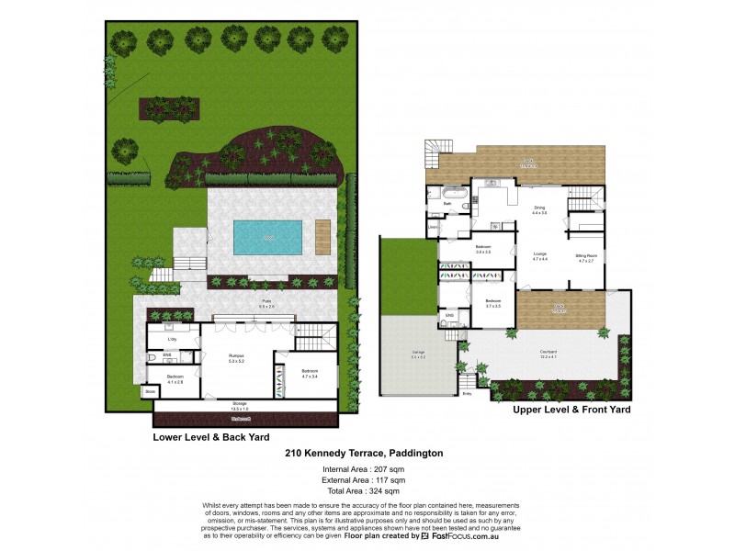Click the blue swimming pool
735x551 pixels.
pyautogui.click(x=267, y=237)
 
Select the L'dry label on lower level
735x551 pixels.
pyautogui.click(x=171, y=340)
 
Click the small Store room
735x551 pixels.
pyautogui.click(x=150, y=391)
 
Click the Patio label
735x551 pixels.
pyautogui.click(x=266, y=302)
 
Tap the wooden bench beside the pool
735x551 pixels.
pyautogui.click(x=322, y=237)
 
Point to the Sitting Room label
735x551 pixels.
pyautogui.click(x=587, y=257)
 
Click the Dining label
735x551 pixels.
pyautogui.click(x=539, y=209)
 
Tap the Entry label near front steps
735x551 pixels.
pyautogui.click(x=467, y=394)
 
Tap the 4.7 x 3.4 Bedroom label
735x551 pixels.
pyautogui.click(x=309, y=374)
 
